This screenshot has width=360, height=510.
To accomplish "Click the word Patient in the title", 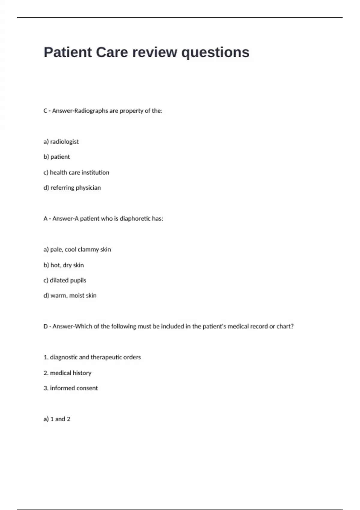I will [68, 52].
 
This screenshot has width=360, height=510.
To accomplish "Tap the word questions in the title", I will [215, 53].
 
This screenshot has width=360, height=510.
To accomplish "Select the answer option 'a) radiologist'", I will [61, 142].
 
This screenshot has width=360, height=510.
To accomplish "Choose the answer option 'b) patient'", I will [57, 157].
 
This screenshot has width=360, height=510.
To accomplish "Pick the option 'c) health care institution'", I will [76, 172].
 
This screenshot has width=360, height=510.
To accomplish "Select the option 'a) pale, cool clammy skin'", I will [77, 250].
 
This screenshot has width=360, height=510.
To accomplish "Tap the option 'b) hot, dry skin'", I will [64, 265].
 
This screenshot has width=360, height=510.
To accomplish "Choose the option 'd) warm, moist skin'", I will [70, 295].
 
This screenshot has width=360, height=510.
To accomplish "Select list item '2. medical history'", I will [67, 373].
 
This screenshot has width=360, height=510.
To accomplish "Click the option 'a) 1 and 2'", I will [57, 419].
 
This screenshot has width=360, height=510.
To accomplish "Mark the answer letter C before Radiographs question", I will [46, 111].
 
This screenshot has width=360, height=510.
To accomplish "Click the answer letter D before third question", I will [46, 326].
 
